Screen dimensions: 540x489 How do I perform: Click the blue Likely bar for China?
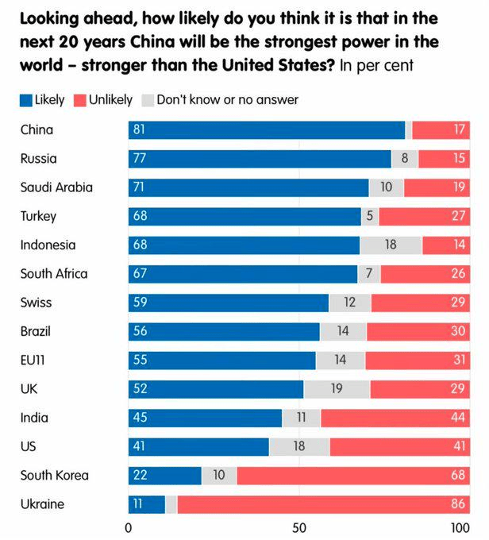point(267,130)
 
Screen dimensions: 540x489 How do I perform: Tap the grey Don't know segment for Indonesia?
point(391,245)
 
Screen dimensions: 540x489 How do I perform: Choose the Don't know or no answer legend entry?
point(219,100)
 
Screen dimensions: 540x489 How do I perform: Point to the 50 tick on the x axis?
point(298,527)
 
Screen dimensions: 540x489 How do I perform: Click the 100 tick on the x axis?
point(460,527)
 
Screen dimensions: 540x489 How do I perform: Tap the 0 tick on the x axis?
point(129,527)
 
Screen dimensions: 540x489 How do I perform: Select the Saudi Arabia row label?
point(56,187)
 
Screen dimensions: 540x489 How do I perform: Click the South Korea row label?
point(54,476)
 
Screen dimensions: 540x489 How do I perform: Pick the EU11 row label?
point(34,360)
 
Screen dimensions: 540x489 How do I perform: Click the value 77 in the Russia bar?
point(141,159)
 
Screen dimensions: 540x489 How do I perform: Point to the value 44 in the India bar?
point(459,418)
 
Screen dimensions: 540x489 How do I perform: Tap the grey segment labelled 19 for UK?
point(337,389)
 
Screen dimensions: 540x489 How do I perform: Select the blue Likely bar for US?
point(198,446)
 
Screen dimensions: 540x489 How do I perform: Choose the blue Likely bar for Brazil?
point(224,331)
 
